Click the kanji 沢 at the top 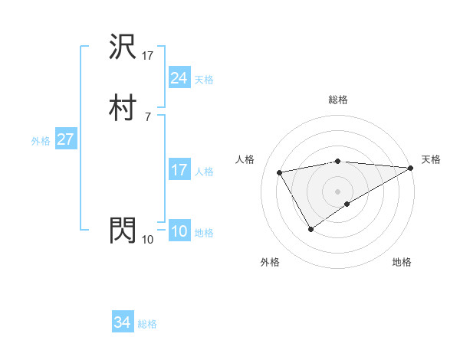[123, 48]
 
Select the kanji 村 [123, 108]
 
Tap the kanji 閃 [123, 230]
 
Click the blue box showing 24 [179, 77]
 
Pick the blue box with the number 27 [65, 140]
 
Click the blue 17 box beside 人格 [179, 170]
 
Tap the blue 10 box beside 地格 [179, 232]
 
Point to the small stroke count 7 [147, 116]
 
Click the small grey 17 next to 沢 [148, 56]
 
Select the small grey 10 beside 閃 [148, 239]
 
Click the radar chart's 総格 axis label [338, 100]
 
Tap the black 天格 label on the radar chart [431, 159]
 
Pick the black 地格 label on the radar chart [402, 262]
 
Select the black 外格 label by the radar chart [270, 262]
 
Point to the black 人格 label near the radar [245, 159]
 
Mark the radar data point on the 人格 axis [280, 172]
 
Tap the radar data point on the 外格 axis [310, 228]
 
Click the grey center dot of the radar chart [338, 191]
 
